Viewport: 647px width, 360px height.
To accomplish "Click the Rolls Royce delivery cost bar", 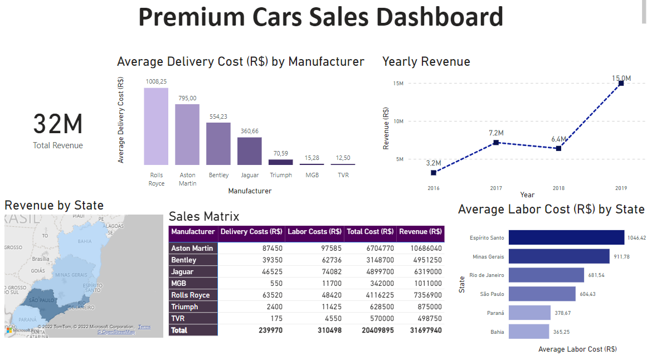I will (x=156, y=127).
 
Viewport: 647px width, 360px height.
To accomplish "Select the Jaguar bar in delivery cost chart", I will (x=250, y=151).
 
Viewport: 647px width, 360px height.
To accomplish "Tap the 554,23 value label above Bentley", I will (x=218, y=116).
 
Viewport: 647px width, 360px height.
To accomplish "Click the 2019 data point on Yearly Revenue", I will (x=621, y=83).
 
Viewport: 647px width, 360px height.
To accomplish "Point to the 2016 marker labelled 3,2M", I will (x=434, y=173).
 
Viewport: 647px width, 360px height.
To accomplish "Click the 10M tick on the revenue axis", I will (x=398, y=121).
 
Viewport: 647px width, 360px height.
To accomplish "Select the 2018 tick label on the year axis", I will (x=558, y=188).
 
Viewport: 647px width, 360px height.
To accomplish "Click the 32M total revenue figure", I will (x=57, y=124).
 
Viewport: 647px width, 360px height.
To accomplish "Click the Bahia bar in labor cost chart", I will (x=528, y=332).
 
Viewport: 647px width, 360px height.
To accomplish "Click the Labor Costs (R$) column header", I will (x=314, y=232).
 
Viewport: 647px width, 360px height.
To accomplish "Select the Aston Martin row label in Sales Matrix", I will (x=192, y=249).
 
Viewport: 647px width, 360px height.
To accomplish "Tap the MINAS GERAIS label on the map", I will (x=71, y=275).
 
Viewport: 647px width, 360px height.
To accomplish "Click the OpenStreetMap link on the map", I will (x=116, y=332).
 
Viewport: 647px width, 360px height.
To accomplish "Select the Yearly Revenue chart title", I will (x=426, y=61).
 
